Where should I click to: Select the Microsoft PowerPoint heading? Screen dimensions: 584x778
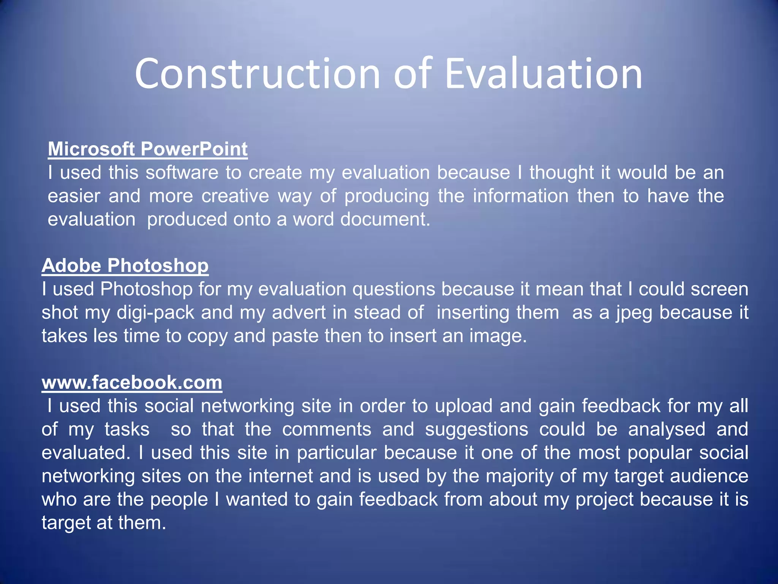148,149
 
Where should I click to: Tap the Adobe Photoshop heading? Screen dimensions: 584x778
125,265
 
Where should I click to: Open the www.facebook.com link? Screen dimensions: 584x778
132,382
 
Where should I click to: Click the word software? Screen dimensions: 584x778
182,173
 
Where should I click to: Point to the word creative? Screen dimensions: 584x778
235,196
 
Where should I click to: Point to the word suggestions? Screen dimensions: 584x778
476,430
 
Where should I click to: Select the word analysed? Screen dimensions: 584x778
667,430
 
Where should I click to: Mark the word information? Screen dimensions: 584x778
520,196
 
